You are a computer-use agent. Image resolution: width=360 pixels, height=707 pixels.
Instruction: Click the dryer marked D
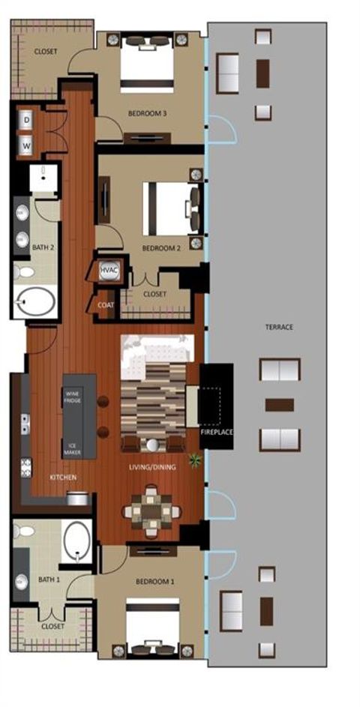26,120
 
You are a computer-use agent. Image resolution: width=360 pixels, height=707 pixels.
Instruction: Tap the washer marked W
26,145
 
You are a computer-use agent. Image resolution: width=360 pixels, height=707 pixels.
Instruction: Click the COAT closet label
106,306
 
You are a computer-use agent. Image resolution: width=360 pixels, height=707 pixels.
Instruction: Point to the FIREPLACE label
216,433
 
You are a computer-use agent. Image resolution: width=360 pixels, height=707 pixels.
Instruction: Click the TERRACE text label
278,328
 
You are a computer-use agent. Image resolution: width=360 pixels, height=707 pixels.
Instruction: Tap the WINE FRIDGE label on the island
73,397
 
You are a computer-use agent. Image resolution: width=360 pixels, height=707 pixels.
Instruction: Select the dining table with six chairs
152,512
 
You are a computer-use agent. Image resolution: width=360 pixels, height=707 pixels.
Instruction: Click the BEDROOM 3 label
147,114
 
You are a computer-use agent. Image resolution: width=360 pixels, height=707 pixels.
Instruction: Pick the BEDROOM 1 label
154,581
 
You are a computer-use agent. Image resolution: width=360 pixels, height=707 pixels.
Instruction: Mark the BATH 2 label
41,246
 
